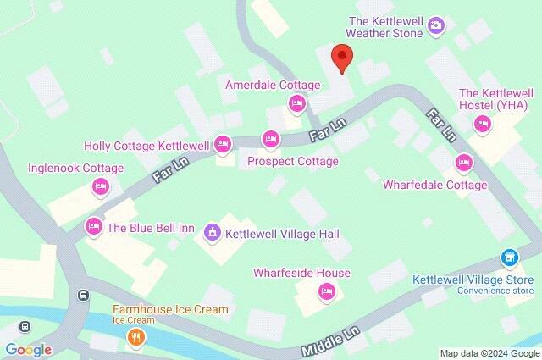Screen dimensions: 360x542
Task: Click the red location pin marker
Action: click(341, 57)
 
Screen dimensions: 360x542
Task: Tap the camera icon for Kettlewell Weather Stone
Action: click(436, 25)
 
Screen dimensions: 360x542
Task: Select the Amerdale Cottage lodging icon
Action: click(296, 103)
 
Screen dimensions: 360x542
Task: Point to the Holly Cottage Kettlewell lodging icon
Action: click(223, 145)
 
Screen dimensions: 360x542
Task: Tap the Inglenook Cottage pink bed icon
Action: click(100, 186)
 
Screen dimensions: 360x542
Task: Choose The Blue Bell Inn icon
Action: click(93, 226)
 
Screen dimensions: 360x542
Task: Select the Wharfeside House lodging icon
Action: click(326, 292)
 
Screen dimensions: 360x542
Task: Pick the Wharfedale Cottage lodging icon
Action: click(462, 162)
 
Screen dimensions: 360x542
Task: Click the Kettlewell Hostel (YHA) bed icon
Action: click(484, 125)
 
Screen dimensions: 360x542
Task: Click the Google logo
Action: click(28, 350)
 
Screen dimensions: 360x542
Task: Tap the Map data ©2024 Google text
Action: click(489, 352)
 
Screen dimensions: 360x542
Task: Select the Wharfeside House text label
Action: click(301, 273)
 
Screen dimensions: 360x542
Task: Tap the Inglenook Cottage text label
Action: click(75, 168)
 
